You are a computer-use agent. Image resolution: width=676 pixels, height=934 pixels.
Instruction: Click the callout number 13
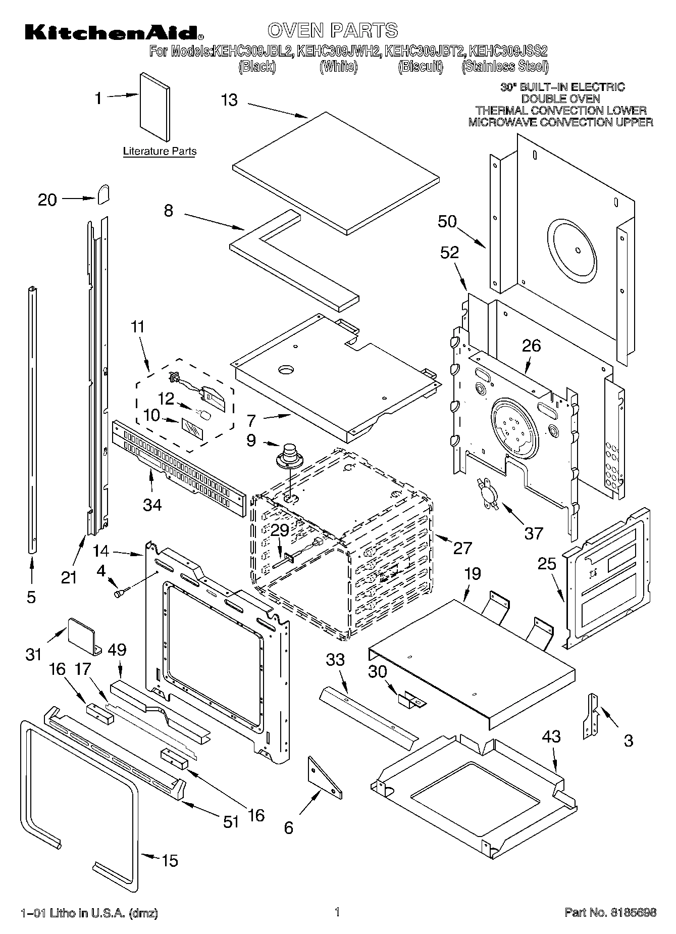point(229,100)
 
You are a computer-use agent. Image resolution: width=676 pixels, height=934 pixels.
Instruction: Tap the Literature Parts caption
point(160,151)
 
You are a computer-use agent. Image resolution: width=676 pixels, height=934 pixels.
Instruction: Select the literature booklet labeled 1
point(154,107)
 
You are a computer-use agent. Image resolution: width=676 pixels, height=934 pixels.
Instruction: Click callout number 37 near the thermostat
point(533,532)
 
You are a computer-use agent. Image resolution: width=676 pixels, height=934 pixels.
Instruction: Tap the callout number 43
point(551,736)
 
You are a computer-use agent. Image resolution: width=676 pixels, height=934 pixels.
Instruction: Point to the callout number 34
point(152,504)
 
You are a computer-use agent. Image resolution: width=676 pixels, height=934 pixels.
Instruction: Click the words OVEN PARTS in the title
point(333,30)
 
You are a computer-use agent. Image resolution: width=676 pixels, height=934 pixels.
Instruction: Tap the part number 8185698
point(633,912)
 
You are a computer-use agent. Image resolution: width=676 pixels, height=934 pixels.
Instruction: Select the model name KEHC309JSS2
point(508,51)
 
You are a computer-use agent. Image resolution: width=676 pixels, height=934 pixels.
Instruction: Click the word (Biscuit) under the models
point(420,67)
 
